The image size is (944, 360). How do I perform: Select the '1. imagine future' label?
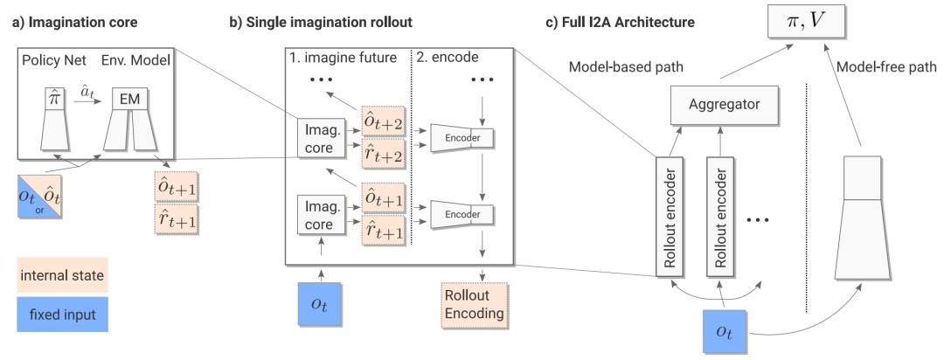344,58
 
